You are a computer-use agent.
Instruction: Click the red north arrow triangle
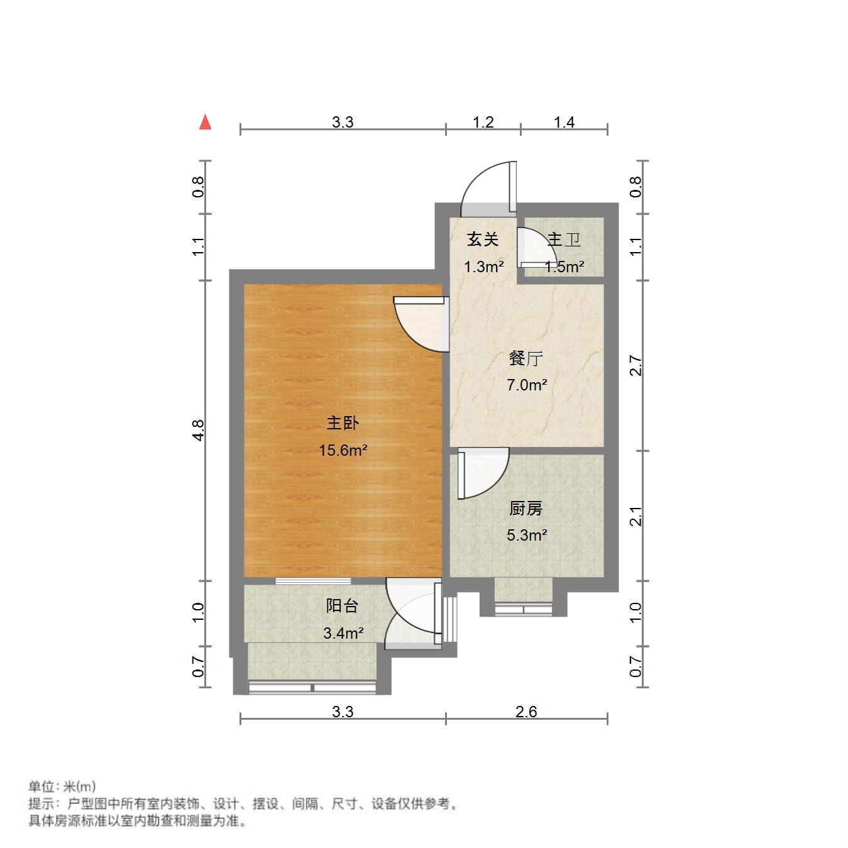coord(205,122)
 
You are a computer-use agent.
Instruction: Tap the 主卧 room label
coord(343,423)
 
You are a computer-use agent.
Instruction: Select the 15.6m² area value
coord(343,450)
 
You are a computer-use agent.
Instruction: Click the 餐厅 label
coord(526,359)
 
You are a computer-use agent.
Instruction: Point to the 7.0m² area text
coord(527,385)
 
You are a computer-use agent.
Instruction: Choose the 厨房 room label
coord(526,509)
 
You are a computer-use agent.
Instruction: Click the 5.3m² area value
coord(527,536)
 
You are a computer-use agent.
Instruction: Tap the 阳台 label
coord(343,606)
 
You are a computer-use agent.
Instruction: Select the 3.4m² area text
coord(343,633)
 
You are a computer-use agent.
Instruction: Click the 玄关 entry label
coord(483,240)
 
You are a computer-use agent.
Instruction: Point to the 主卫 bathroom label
coord(563,240)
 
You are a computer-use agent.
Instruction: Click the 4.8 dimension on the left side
coord(199,430)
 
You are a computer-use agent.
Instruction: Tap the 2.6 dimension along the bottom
coord(526,712)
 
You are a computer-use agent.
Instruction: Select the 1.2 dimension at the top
coord(483,122)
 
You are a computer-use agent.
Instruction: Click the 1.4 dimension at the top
coord(564,122)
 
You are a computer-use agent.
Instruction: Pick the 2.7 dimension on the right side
coord(636,366)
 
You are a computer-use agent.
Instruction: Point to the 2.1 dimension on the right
coord(636,516)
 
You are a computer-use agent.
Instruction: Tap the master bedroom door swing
coord(420,324)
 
